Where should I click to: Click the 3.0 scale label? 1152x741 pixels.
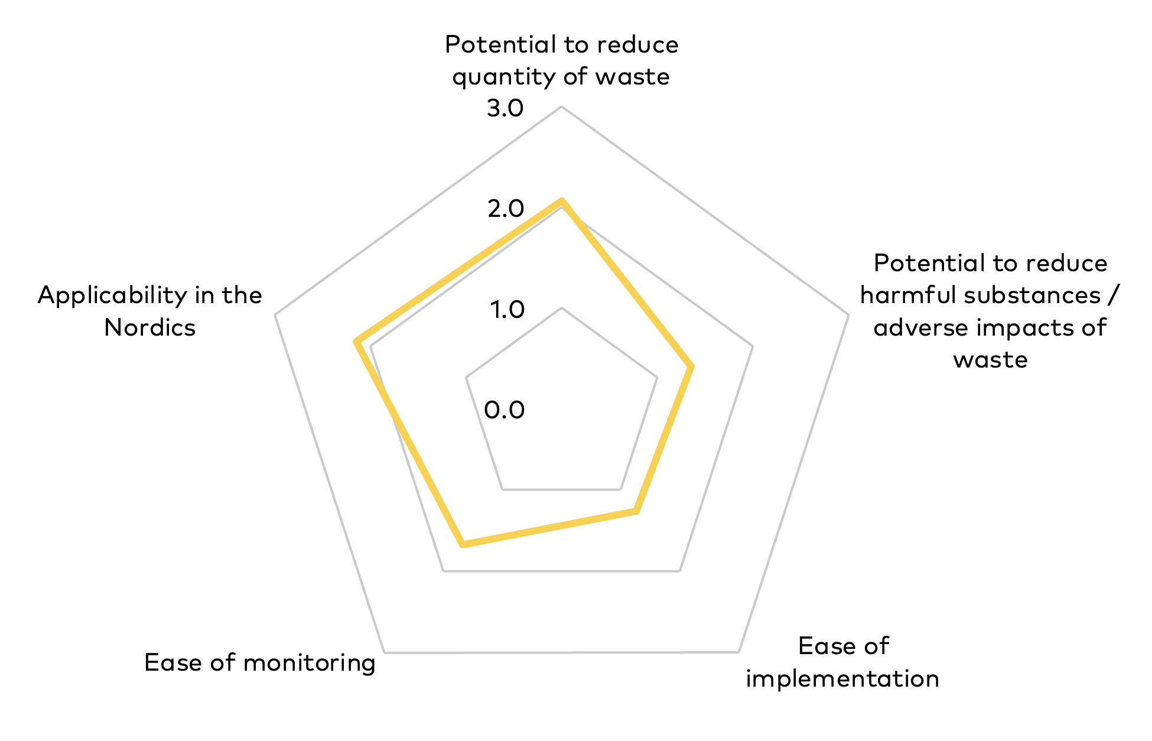(x=505, y=108)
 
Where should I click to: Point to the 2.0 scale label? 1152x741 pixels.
(x=506, y=209)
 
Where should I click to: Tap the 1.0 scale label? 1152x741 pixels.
(x=507, y=309)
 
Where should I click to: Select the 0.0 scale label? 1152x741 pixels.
(x=505, y=409)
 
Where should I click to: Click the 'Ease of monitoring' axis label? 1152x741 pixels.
(x=260, y=662)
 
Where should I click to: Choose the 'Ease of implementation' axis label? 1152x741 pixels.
(x=843, y=662)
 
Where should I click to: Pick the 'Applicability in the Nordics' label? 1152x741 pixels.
(x=150, y=311)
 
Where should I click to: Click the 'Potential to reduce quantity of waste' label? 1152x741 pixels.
(x=561, y=60)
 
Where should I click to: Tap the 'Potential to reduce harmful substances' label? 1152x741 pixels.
(x=990, y=311)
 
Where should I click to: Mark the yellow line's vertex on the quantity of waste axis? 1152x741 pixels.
(x=562, y=201)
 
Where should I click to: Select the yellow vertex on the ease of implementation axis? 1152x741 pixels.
(x=636, y=511)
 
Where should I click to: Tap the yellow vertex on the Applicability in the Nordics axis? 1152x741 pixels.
(x=356, y=341)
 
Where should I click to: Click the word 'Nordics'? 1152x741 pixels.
(x=150, y=327)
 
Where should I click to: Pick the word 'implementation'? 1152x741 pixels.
(x=843, y=678)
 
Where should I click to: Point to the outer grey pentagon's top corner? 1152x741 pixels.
(x=561, y=106)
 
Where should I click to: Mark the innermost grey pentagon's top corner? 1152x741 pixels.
(x=561, y=308)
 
